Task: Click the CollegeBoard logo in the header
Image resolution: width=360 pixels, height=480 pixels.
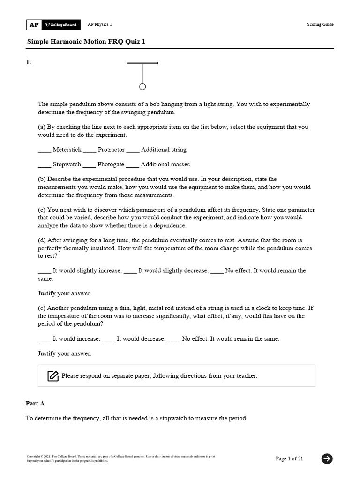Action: click(x=60, y=24)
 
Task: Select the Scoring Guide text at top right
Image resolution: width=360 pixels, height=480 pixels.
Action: click(x=321, y=24)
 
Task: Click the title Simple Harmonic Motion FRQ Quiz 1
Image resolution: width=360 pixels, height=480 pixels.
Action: click(x=86, y=42)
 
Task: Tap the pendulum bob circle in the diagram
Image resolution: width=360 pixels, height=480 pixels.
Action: click(x=142, y=87)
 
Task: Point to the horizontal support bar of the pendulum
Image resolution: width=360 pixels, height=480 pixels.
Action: click(x=142, y=63)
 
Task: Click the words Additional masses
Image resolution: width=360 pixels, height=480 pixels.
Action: click(x=165, y=165)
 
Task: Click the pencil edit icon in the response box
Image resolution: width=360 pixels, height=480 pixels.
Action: click(x=53, y=376)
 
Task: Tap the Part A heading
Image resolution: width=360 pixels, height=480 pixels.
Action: click(x=35, y=403)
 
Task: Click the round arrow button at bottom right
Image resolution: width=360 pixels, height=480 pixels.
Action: click(x=327, y=458)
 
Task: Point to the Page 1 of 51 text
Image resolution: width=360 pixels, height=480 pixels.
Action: click(x=289, y=458)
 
